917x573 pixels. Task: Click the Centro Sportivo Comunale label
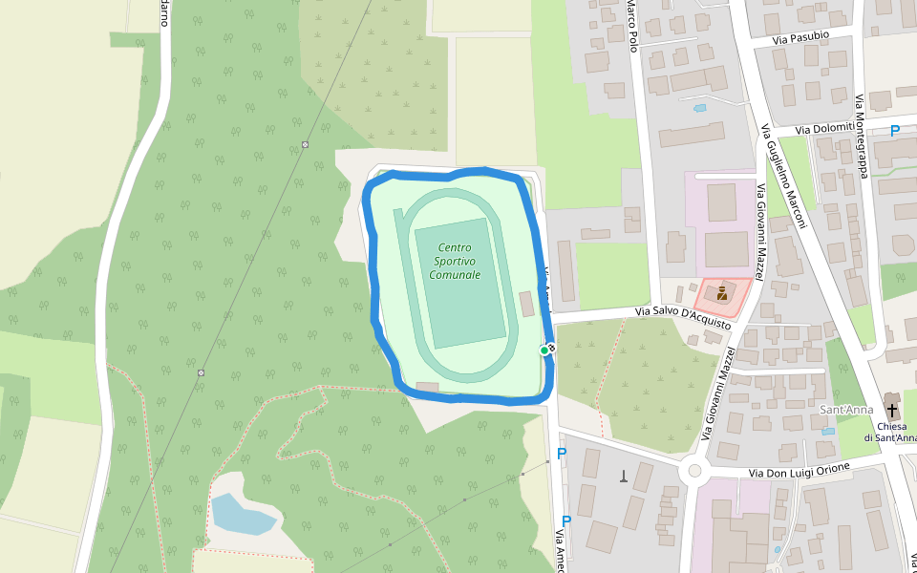point(455,261)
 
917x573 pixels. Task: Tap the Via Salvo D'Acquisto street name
point(684,318)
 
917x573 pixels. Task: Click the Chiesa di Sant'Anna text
point(891,432)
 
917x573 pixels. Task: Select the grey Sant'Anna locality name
point(846,411)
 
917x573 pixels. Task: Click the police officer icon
point(721,295)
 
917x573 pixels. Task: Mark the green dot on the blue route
point(544,350)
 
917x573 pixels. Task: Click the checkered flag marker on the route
point(551,347)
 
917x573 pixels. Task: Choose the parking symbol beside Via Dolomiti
point(895,131)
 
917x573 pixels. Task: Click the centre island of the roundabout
point(694,470)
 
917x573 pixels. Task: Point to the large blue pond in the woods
point(241,515)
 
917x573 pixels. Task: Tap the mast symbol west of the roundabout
point(624,476)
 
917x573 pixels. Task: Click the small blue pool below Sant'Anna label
point(827,432)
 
